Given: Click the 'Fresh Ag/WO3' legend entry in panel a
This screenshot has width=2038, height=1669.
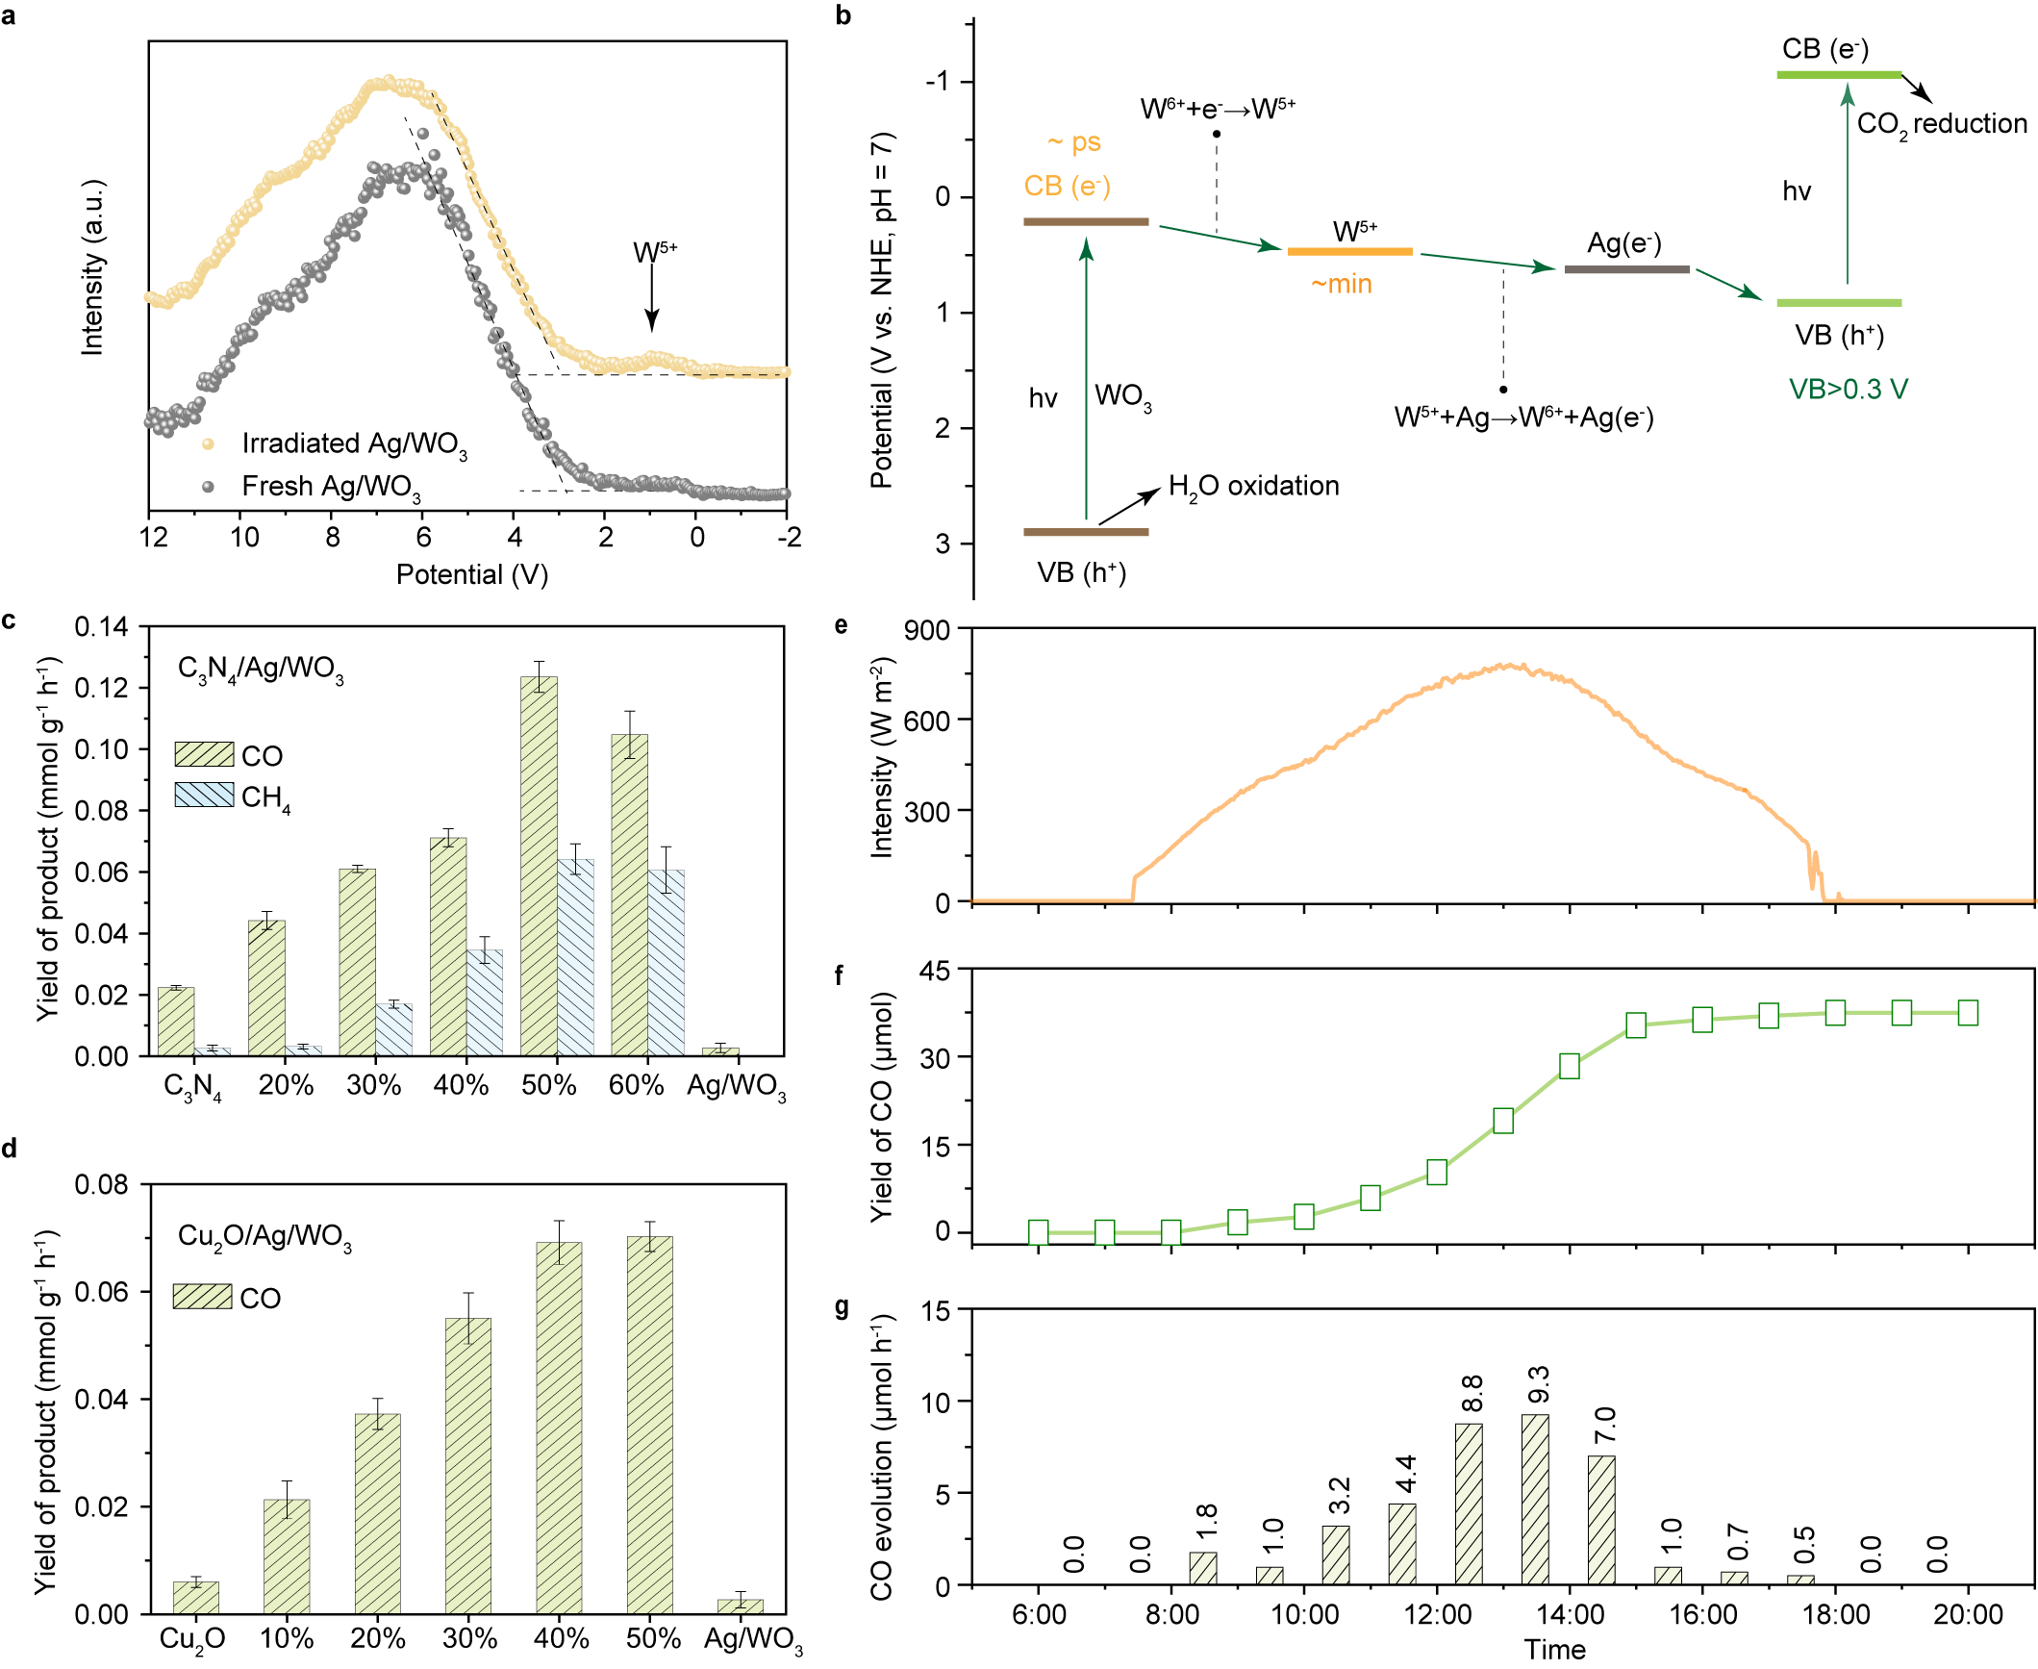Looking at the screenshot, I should click(330, 487).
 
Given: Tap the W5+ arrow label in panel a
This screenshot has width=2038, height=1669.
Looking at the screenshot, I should click(654, 252).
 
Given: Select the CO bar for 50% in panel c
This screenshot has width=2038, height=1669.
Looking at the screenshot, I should click(539, 866).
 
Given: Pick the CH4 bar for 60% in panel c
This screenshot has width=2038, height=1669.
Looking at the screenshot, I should click(667, 962).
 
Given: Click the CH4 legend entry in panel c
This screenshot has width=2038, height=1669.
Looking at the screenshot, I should click(264, 797).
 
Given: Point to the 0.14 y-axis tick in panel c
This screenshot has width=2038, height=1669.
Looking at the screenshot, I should click(101, 627).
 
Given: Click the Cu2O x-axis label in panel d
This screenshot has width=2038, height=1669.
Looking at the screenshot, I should click(192, 1639).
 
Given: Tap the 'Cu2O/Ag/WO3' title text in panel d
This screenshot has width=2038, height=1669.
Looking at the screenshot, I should click(264, 1236).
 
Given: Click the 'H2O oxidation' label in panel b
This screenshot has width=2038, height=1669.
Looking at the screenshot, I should click(1253, 487).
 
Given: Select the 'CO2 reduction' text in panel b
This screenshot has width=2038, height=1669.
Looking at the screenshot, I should click(1941, 125).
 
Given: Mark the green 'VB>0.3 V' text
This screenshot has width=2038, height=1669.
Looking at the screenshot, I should click(1848, 390).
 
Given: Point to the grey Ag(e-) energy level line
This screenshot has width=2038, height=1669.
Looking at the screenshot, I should click(1626, 269).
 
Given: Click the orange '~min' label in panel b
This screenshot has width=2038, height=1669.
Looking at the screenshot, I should click(1341, 285).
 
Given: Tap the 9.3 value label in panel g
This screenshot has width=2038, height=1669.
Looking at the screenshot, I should click(1538, 1384).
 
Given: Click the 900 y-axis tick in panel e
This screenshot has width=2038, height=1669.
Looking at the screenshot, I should click(926, 630).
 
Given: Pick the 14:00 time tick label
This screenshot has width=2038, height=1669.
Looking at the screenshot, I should click(1570, 1614).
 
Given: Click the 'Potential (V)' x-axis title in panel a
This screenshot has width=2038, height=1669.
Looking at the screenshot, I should click(471, 575).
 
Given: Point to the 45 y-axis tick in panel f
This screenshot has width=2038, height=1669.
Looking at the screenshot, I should click(934, 972).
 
